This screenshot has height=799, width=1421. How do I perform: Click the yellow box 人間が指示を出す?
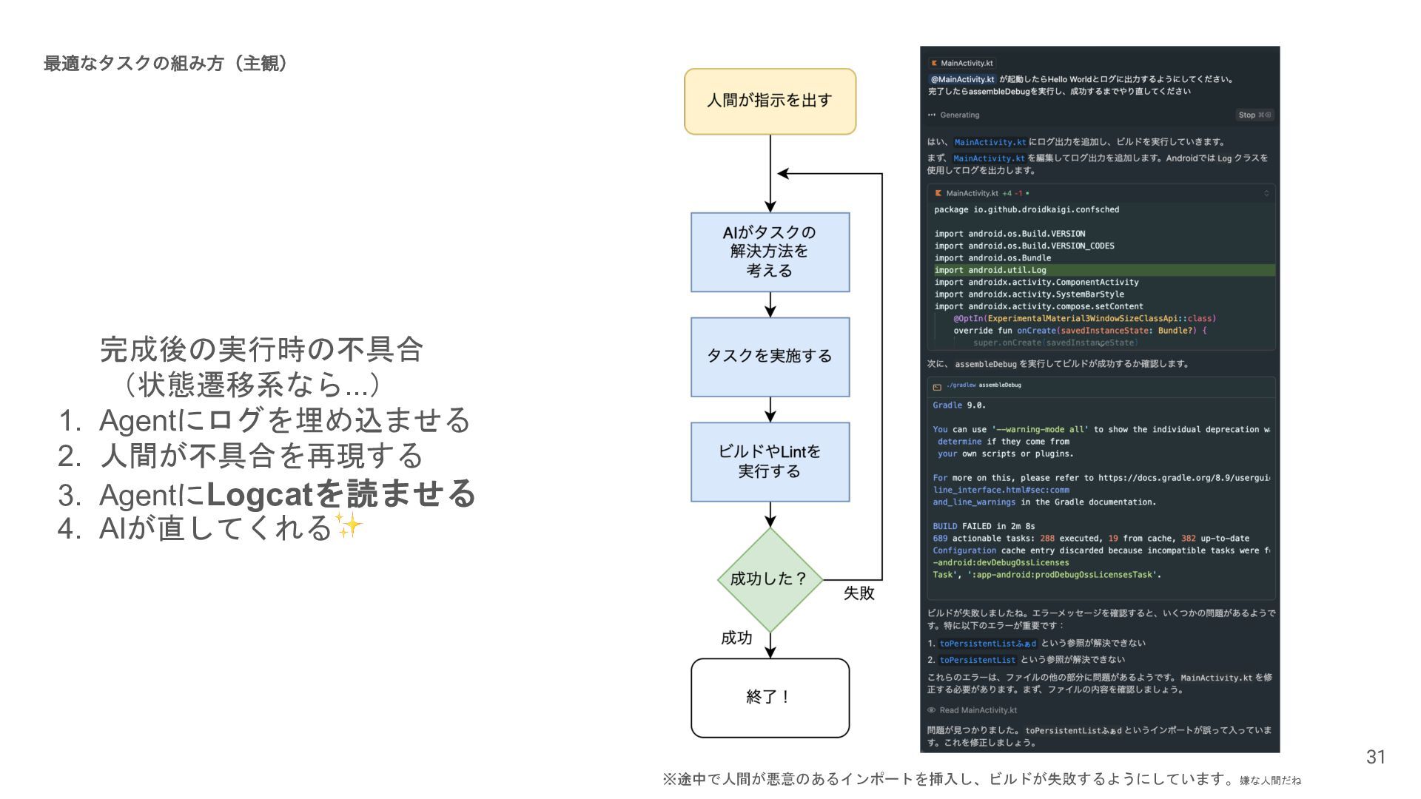pos(770,101)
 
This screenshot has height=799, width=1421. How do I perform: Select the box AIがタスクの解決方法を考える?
pos(770,252)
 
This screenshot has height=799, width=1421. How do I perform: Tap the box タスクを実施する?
pos(770,357)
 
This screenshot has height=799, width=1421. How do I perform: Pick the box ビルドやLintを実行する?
pos(770,462)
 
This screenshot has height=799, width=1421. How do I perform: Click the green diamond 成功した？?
pos(770,579)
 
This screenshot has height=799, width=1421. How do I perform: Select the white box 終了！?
pos(770,698)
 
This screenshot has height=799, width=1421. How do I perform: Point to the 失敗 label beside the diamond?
pos(859,593)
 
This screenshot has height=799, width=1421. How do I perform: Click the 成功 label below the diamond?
pos(736,638)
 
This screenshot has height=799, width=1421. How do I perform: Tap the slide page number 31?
pos(1375,757)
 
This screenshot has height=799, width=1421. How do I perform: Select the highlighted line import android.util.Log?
pos(990,270)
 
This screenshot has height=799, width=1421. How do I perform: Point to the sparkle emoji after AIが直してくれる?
pos(349,526)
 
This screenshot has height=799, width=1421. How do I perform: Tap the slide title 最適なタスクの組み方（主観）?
pos(165,64)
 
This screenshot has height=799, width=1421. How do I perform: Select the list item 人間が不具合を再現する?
pos(261,456)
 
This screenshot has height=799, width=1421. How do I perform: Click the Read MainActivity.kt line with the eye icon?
pos(977,710)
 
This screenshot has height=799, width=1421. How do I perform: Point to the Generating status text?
pos(959,115)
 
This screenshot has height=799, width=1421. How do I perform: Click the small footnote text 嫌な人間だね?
pos(1270,781)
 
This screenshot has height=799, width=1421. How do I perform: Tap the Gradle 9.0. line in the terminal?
pos(959,405)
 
